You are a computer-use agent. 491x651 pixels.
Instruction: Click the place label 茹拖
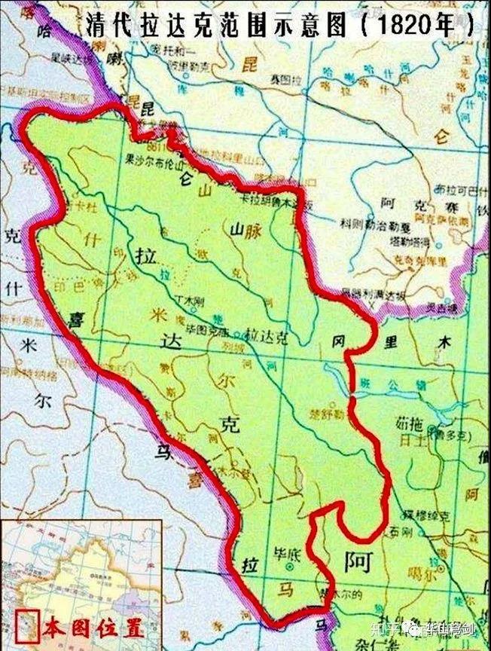(405, 423)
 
